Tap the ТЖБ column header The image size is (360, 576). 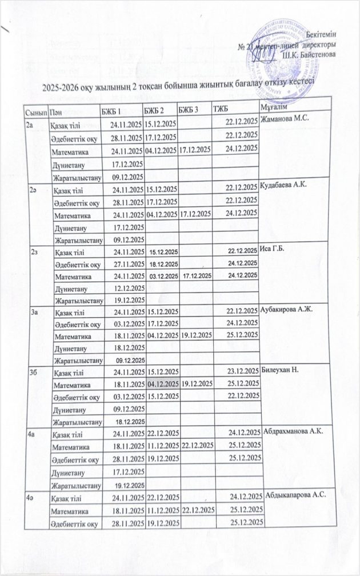point(220,110)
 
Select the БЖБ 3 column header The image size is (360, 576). point(189,110)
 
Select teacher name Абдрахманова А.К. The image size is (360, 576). point(294,432)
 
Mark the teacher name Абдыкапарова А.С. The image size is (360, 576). point(295,494)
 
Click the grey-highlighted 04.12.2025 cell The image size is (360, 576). point(162,383)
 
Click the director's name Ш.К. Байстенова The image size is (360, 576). point(309,55)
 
